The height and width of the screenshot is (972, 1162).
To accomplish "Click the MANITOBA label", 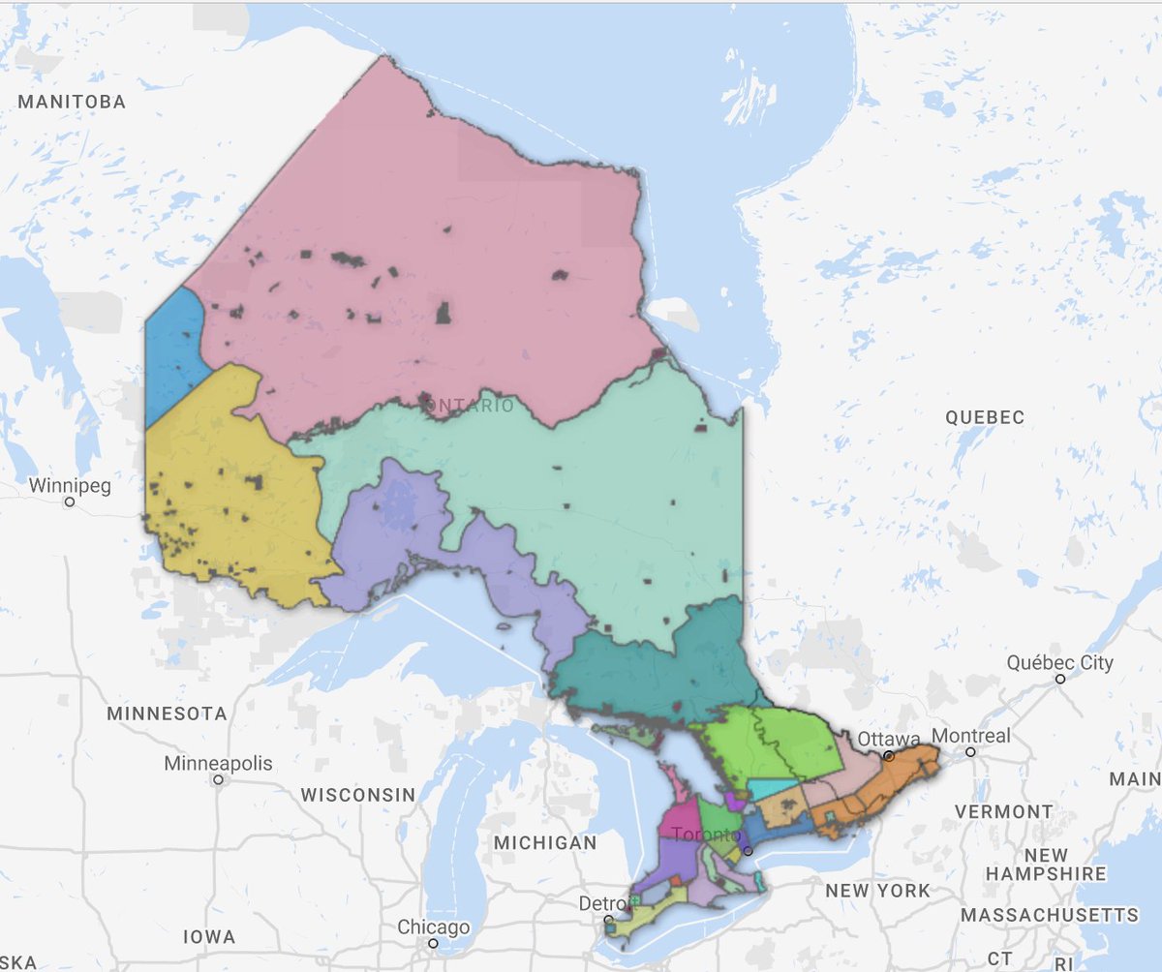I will click(x=72, y=102).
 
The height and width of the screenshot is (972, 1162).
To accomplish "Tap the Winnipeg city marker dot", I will click(x=70, y=502).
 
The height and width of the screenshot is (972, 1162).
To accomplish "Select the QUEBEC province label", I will click(x=984, y=417).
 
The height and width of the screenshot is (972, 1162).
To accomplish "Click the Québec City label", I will click(x=1059, y=663).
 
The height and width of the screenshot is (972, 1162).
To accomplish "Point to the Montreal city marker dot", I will click(x=970, y=751).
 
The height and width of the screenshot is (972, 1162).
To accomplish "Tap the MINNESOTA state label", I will click(x=168, y=714).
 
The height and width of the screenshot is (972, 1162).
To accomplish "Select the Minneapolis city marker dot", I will click(x=219, y=778).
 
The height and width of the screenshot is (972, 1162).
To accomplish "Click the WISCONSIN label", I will click(x=357, y=795).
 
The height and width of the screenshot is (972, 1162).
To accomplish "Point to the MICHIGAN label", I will click(x=545, y=843).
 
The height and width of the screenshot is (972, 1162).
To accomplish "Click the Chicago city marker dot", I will click(x=434, y=942).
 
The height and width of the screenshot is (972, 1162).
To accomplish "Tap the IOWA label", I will click(x=209, y=937).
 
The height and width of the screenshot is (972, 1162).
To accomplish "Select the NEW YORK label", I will click(x=878, y=890).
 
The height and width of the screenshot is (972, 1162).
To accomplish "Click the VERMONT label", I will click(x=1003, y=811).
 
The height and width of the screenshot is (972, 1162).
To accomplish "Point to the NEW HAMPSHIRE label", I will click(x=1046, y=865).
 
